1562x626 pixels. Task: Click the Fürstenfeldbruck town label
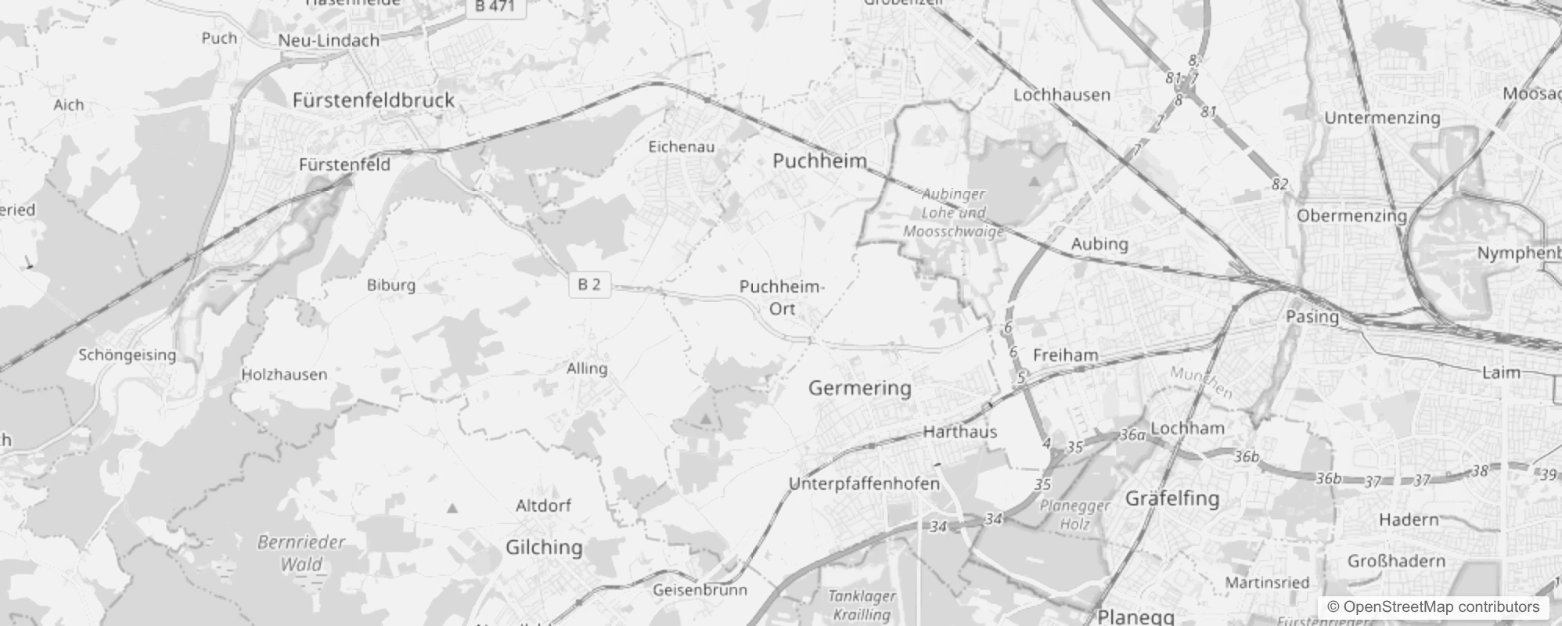[373, 100]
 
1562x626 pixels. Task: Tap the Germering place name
[859, 387]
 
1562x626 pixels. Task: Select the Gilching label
[544, 547]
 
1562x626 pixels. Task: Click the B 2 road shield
[589, 285]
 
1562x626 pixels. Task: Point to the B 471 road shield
[495, 6]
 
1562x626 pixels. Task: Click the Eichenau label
[681, 146]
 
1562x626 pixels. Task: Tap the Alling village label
[587, 369]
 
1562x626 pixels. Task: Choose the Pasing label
[1312, 317]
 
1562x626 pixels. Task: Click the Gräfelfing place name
[1171, 498]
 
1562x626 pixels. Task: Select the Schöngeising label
[127, 355]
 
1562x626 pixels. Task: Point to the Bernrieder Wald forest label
[301, 552]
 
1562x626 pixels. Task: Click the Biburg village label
[391, 285]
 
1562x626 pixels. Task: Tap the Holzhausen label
[283, 375]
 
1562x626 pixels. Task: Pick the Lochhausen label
[1062, 95]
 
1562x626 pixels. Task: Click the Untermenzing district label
[1382, 118]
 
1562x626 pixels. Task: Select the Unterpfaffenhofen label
[864, 484]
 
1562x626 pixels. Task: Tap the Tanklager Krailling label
[861, 605]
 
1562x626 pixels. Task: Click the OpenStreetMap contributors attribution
[1433, 606]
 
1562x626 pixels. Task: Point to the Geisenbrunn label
[700, 590]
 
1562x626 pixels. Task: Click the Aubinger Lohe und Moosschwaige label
[953, 212]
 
